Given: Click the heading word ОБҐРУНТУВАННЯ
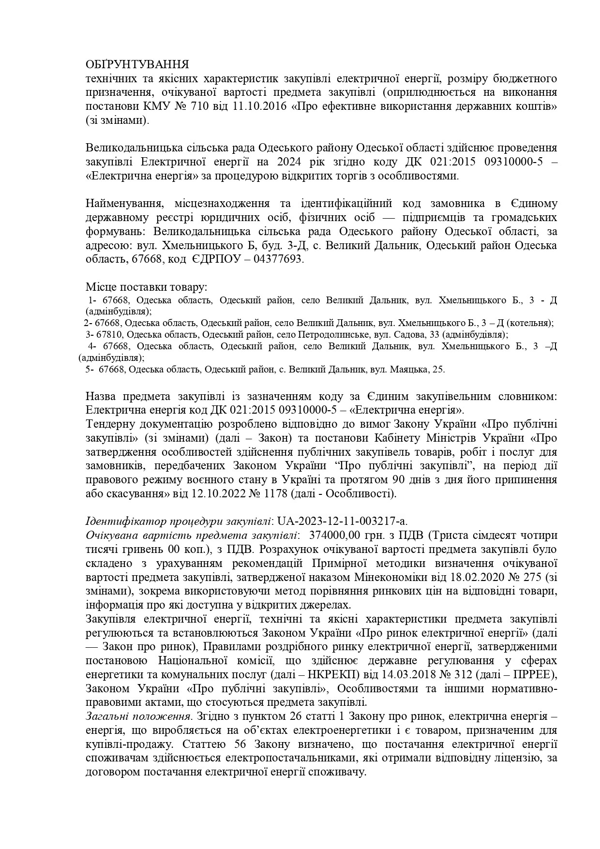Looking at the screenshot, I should tap(137, 65).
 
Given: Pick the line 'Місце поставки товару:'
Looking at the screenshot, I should tap(146, 287).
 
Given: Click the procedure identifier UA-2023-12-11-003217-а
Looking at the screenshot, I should tap(343, 521).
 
